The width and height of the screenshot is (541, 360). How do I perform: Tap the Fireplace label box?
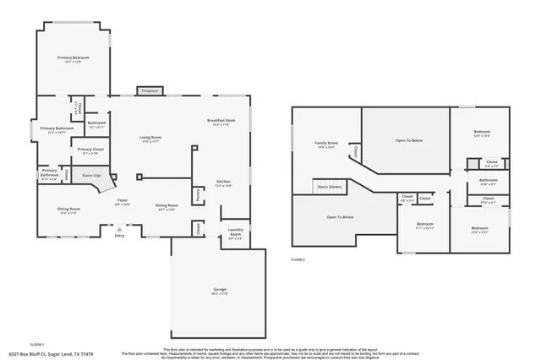(x=149, y=90)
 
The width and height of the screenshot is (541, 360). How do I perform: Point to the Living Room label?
(x=150, y=139)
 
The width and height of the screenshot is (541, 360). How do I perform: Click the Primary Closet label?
(x=90, y=150)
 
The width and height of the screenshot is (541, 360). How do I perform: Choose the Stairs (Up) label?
(x=92, y=176)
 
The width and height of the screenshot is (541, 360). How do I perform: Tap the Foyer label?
(x=122, y=201)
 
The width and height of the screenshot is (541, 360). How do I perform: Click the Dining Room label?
(x=167, y=207)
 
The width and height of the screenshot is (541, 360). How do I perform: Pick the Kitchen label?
(x=223, y=183)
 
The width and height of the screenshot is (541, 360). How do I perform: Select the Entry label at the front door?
(x=119, y=236)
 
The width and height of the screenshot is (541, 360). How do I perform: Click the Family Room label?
(x=326, y=145)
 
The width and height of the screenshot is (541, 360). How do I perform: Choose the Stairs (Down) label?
(x=329, y=186)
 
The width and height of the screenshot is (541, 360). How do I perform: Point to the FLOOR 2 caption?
(x=298, y=259)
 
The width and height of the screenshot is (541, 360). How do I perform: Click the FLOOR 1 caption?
(x=37, y=345)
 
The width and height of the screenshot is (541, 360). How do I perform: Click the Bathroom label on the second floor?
(x=489, y=180)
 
